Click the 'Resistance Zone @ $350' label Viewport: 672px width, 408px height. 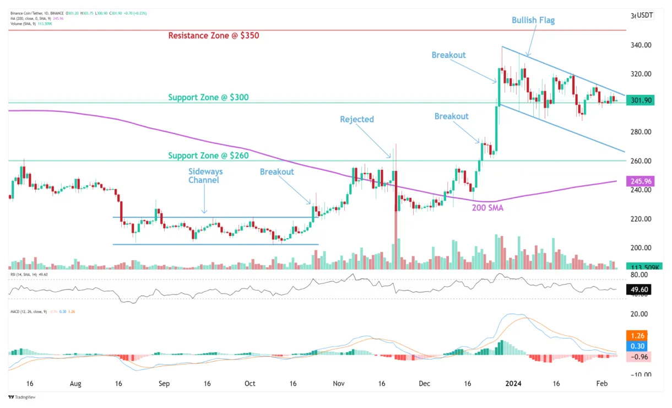tap(213, 36)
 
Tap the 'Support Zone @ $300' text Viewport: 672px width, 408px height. tap(208, 98)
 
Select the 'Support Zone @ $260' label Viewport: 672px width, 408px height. tap(208, 156)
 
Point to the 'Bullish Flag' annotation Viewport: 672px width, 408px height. tap(533, 20)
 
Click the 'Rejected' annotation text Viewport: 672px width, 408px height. tap(356, 120)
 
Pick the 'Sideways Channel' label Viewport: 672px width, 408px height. tap(205, 176)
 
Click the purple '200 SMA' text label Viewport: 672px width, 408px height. tap(487, 207)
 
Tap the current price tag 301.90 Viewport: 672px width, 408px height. tap(639, 100)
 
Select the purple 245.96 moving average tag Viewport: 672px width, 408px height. tap(639, 181)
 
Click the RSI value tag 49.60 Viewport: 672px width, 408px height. tap(639, 289)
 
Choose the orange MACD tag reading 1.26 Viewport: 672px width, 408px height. tap(639, 335)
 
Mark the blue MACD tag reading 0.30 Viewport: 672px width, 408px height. tap(639, 346)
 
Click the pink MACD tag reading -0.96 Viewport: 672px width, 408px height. tap(639, 357)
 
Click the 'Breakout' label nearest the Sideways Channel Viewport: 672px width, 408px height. tap(277, 172)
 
